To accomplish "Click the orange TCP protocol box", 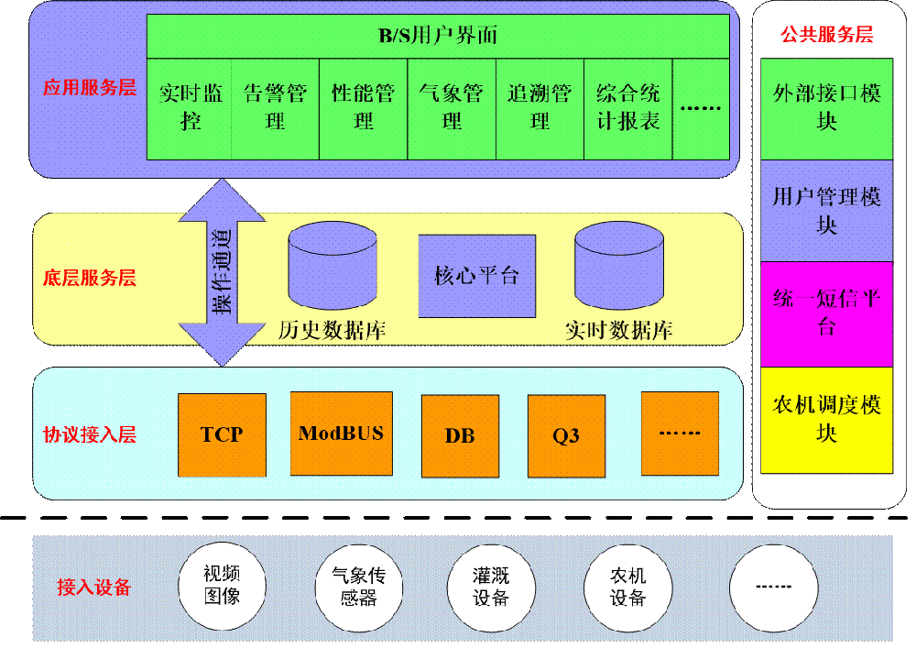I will point(222,435).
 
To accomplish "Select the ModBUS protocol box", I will point(341,434).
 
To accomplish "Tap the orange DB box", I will point(460,435).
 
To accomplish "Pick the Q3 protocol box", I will point(566,435).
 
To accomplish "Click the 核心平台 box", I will point(476,276).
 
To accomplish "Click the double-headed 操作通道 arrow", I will point(223,272).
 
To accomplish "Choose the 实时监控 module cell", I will point(190,108).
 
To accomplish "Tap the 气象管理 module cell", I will point(451,108).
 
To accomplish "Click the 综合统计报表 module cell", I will point(628,108).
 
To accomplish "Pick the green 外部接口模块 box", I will point(826,108).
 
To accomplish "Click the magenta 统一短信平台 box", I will point(826,313).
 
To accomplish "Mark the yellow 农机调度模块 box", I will point(826,419).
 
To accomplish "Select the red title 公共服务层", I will point(826,35).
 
